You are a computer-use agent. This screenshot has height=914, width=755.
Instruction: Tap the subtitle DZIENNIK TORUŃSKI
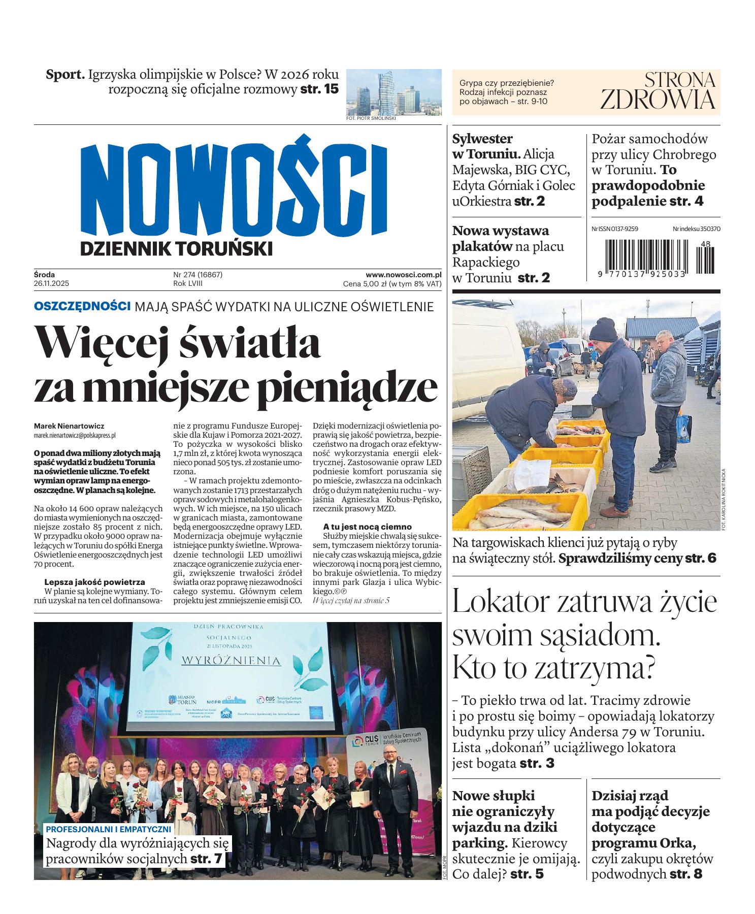tap(177, 248)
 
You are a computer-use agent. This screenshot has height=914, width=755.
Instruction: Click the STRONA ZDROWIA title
tap(658, 91)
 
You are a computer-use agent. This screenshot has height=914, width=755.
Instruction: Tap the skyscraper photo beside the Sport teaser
tap(394, 92)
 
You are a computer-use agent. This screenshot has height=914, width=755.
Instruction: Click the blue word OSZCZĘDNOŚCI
tap(82, 306)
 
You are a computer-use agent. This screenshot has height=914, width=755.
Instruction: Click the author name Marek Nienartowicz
tap(69, 427)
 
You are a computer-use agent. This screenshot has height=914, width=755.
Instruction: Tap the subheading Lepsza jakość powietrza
tap(94, 582)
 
